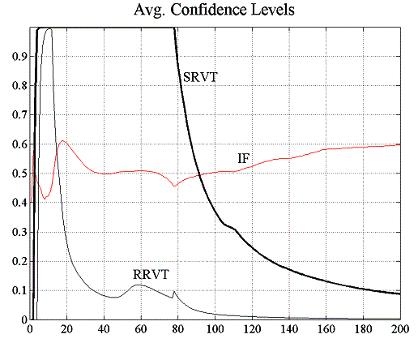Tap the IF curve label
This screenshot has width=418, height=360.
point(243,158)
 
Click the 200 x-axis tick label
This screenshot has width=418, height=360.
point(400,330)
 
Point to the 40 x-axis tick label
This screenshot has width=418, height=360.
point(104,330)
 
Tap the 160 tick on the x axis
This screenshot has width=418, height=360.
point(326,330)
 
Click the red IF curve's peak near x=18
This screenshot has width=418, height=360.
point(63,141)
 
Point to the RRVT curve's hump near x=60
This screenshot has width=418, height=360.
point(140,285)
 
